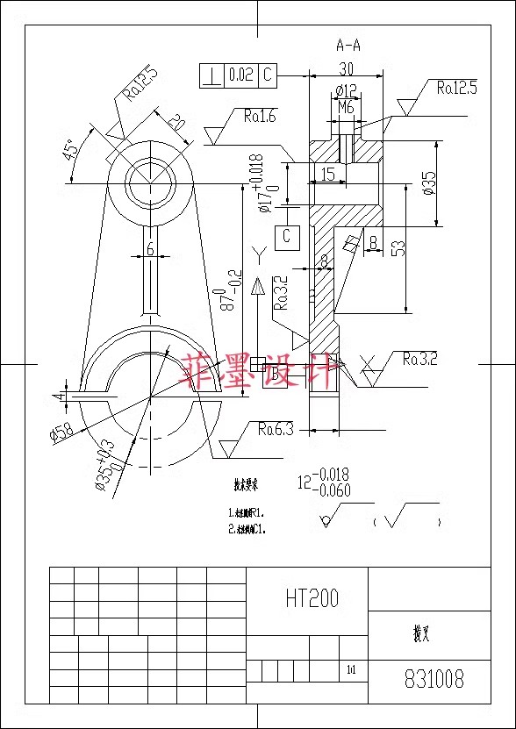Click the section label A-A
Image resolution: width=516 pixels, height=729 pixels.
pyautogui.click(x=348, y=45)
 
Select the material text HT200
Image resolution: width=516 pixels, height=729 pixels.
pyautogui.click(x=312, y=598)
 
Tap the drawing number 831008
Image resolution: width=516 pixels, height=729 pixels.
pyautogui.click(x=434, y=679)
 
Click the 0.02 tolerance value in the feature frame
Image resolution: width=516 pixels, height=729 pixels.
pyautogui.click(x=240, y=75)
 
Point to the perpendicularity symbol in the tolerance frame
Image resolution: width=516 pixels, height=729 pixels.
pyautogui.click(x=211, y=75)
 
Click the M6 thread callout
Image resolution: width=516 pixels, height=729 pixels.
pyautogui.click(x=346, y=107)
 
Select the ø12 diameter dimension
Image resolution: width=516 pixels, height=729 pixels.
pyautogui.click(x=346, y=91)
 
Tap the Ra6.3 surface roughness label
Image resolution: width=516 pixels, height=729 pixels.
pyautogui.click(x=275, y=429)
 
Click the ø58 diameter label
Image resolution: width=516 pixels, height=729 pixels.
pyautogui.click(x=61, y=431)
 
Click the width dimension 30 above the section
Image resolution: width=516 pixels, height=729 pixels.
pyautogui.click(x=346, y=68)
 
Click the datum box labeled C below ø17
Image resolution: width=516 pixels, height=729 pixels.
pyautogui.click(x=287, y=236)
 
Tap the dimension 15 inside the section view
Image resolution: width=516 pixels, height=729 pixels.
pyautogui.click(x=326, y=175)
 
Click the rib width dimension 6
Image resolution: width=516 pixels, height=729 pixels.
pyautogui.click(x=150, y=249)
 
